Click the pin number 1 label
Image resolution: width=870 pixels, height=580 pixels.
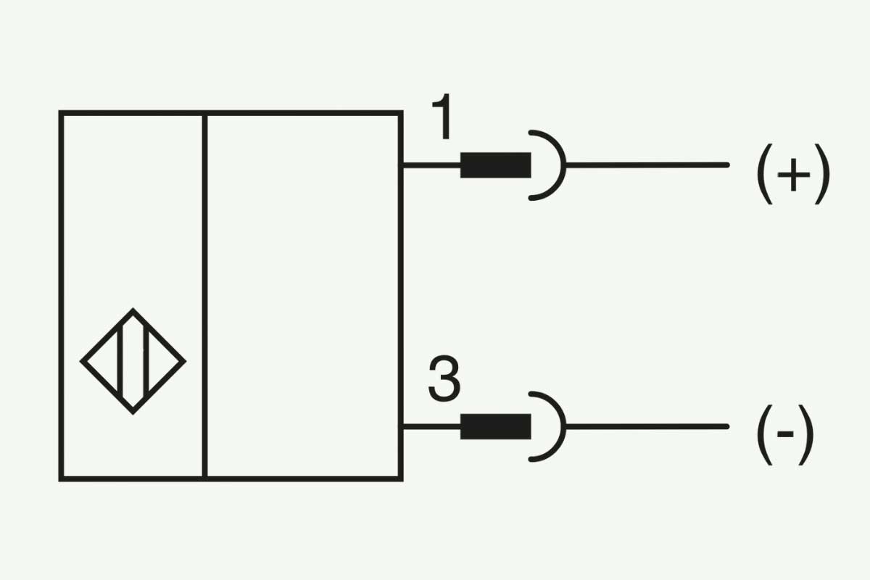(x=442, y=116)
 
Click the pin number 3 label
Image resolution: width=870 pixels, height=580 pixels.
(x=444, y=378)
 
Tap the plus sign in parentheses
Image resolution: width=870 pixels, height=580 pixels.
(x=793, y=175)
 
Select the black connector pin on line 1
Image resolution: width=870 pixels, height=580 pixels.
(x=496, y=165)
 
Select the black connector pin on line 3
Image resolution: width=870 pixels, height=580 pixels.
(x=496, y=426)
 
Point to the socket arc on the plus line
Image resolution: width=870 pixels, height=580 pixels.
(x=564, y=165)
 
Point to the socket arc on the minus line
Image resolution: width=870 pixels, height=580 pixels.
(x=564, y=426)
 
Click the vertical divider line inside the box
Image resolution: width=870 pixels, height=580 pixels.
(x=204, y=296)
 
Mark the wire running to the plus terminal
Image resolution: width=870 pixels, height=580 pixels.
(x=647, y=165)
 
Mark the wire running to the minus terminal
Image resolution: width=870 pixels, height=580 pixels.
(x=647, y=426)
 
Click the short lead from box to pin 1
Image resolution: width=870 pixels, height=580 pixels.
(x=431, y=165)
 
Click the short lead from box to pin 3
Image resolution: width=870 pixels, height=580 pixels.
(x=431, y=426)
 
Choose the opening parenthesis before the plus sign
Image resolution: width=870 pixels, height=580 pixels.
(x=763, y=174)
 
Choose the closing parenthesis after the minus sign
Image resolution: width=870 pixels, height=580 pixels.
(x=806, y=435)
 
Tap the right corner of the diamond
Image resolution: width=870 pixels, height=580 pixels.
(x=186, y=361)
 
